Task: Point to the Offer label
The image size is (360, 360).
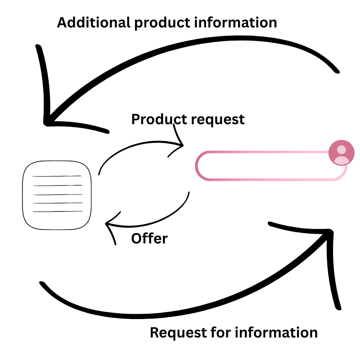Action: pyautogui.click(x=149, y=238)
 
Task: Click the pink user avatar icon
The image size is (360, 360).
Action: pyautogui.click(x=342, y=153)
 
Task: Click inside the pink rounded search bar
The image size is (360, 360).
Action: pyautogui.click(x=265, y=166)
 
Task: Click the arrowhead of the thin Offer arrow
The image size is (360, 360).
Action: pyautogui.click(x=107, y=224)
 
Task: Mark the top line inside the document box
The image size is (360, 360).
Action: pyautogui.click(x=57, y=176)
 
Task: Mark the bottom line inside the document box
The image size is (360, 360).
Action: pyautogui.click(x=57, y=211)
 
